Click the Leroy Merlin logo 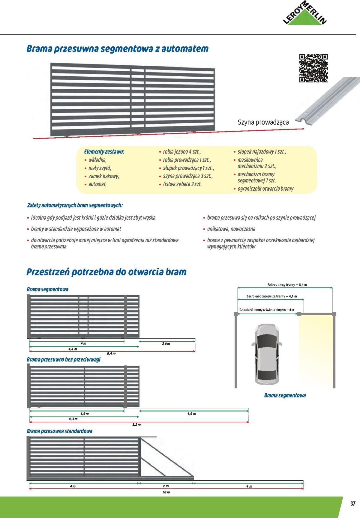305,15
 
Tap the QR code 313,68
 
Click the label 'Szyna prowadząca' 263,122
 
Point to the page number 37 353,503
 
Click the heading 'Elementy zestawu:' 104,152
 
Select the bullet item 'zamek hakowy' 103,176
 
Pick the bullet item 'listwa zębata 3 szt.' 182,184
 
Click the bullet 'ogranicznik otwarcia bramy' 265,189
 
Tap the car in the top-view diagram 267,354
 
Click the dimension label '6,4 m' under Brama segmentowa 111,354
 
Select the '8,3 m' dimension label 136,424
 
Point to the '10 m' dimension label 166,492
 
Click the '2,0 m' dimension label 166,344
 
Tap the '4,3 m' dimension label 73,419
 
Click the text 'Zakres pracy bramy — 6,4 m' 287,285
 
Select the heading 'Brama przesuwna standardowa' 59,431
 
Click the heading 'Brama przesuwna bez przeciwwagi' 64,359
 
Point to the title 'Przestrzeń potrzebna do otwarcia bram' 106,272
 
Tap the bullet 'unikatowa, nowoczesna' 231,229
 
